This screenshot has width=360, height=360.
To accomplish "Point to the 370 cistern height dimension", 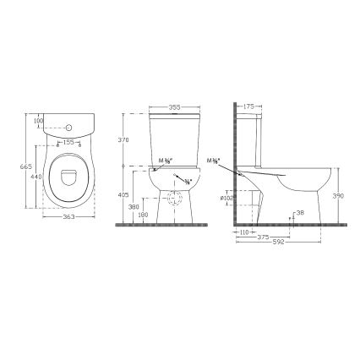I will click(x=124, y=139).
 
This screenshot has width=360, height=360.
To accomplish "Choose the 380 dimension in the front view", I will click(x=132, y=205).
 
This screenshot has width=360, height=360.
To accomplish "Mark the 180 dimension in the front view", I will click(x=143, y=215).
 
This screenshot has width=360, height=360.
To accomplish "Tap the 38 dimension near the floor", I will click(x=301, y=213).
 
